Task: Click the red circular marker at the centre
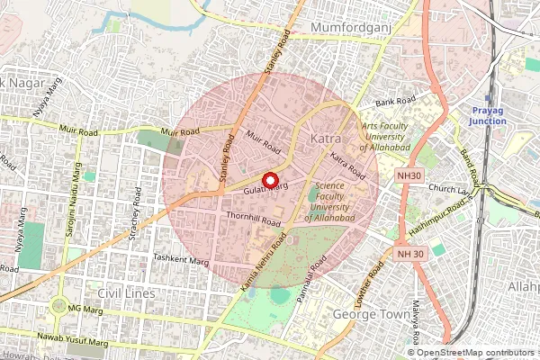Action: coord(268,178)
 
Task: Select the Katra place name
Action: coord(325,139)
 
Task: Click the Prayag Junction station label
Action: coord(491,115)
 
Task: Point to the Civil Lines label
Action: coord(126,293)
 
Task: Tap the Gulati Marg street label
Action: coord(264,190)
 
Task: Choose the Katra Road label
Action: coord(347,165)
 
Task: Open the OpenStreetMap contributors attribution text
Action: coord(477,353)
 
